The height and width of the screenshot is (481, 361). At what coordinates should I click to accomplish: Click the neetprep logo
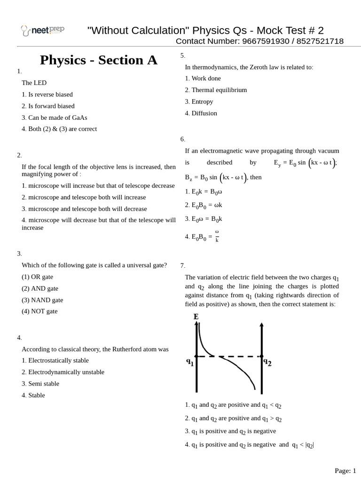(42, 31)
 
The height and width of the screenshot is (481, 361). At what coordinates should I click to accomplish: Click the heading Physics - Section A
(98, 60)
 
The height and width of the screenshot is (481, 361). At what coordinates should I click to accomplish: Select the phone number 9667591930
(266, 41)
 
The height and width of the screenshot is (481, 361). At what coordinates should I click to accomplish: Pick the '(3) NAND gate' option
(42, 300)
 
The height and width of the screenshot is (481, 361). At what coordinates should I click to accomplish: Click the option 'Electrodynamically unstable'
(63, 372)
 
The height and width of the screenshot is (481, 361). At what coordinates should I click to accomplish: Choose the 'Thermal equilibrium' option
(216, 90)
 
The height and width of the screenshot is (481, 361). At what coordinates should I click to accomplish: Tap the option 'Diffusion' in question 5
(201, 113)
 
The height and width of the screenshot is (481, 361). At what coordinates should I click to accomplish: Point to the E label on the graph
(196, 317)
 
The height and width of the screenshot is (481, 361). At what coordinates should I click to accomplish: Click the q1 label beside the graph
(190, 362)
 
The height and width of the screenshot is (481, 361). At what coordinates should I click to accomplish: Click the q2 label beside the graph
(267, 362)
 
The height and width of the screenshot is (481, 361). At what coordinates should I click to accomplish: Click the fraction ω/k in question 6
(217, 236)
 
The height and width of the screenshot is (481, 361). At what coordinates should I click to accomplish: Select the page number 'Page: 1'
(345, 471)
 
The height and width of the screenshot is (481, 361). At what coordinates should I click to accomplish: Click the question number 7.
(182, 266)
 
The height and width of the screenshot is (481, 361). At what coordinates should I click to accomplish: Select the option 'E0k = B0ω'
(203, 192)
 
